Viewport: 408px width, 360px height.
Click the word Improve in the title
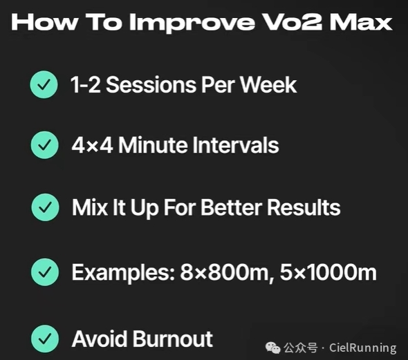(x=192, y=23)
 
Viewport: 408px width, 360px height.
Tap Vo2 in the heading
(x=291, y=22)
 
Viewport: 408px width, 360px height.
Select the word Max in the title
(x=361, y=22)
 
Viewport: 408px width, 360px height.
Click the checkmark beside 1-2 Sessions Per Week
(x=44, y=84)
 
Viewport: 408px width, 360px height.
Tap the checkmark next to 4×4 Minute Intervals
(x=44, y=145)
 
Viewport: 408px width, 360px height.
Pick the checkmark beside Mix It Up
(x=45, y=207)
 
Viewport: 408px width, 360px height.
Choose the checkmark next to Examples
(x=45, y=272)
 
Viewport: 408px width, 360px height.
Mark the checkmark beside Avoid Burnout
(x=45, y=339)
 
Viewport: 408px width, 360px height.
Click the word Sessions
(x=151, y=85)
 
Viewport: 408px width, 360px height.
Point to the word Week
(x=268, y=85)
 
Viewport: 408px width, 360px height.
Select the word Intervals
(x=236, y=145)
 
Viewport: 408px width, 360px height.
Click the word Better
(x=231, y=207)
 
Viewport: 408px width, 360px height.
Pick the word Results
(x=304, y=207)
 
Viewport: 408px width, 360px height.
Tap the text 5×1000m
(x=328, y=272)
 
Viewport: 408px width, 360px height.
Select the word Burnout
(x=173, y=339)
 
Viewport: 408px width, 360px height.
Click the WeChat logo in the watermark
(x=272, y=348)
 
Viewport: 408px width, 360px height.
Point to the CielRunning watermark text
(x=363, y=348)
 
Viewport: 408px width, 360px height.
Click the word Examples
(x=123, y=273)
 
